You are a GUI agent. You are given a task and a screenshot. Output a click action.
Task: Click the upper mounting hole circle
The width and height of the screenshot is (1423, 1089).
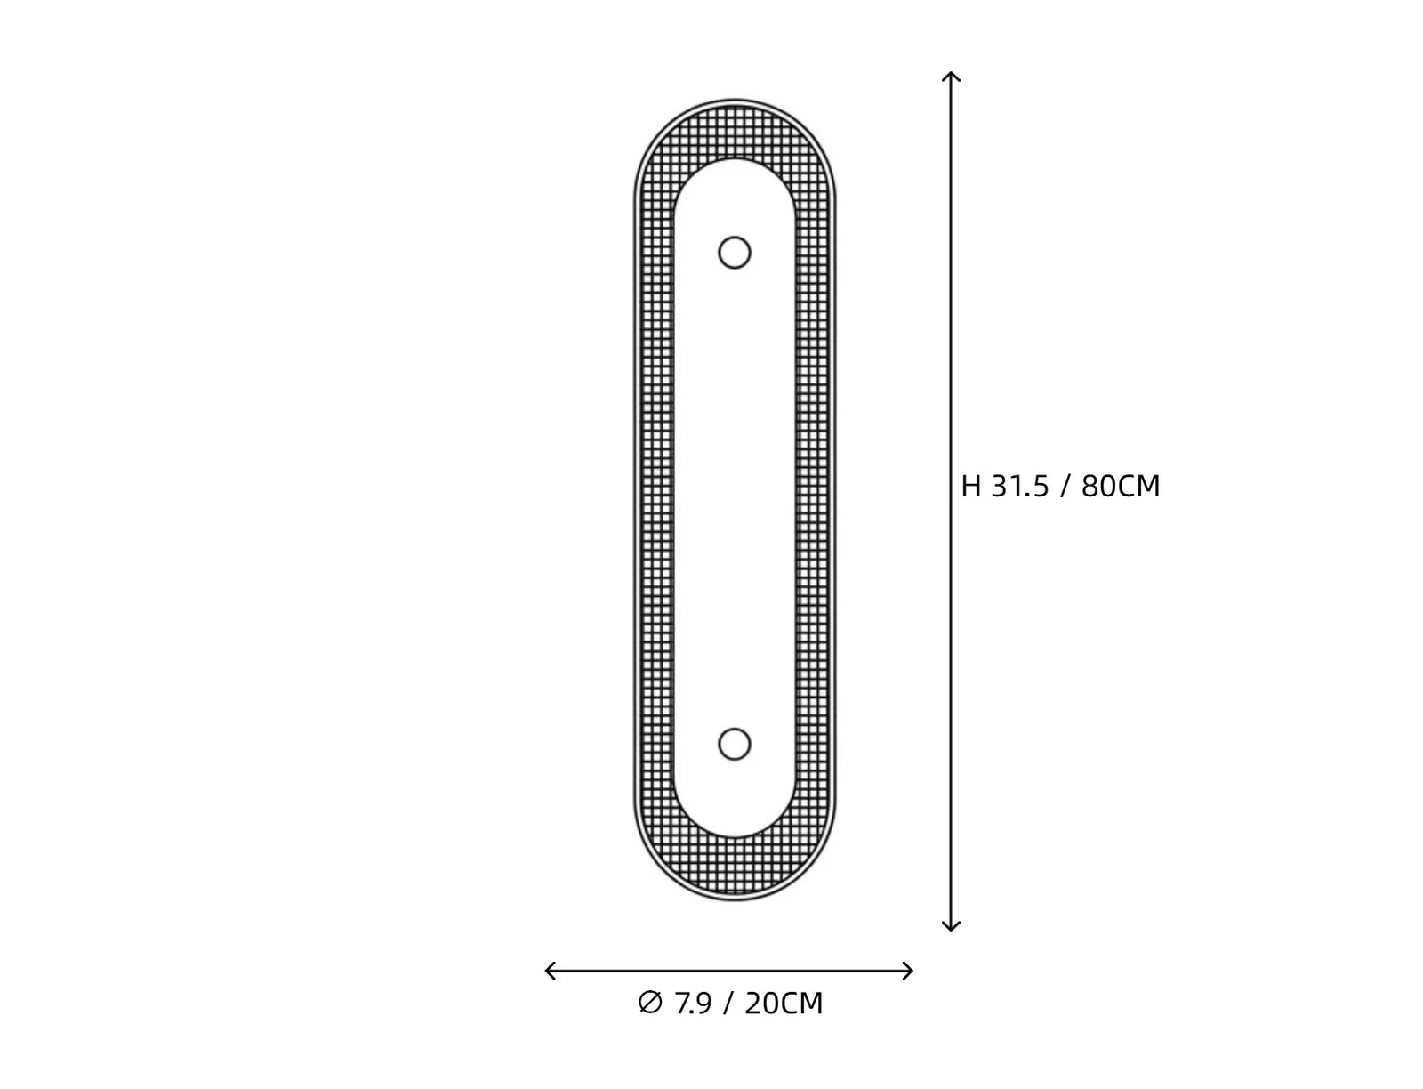pos(734,238)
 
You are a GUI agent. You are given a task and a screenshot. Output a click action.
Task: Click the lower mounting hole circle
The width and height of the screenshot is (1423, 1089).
pos(734,729)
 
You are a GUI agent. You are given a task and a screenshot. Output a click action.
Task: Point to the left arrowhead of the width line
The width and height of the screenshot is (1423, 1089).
pos(547,971)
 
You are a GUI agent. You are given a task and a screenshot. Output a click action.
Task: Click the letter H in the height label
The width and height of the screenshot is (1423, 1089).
pos(970,487)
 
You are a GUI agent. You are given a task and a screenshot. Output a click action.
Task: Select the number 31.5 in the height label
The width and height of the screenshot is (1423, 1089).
pos(1020,487)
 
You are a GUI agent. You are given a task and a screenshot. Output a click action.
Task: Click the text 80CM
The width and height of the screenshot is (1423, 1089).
pos(1121,487)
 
